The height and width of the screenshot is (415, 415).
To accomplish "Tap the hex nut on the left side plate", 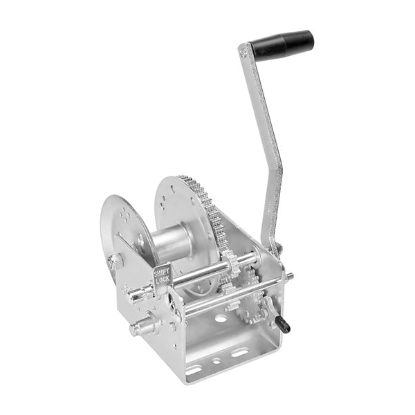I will tap(114, 262).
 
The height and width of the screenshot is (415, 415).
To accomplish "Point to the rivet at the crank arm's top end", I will tap(243, 51).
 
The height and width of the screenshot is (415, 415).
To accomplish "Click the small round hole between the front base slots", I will tap(216, 360).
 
